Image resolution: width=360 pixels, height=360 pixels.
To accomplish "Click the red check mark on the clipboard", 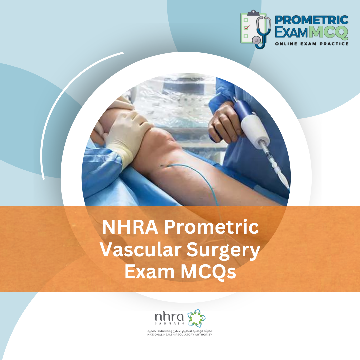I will (x=246, y=28).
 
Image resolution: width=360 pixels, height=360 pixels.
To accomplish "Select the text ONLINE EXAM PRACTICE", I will (x=311, y=44).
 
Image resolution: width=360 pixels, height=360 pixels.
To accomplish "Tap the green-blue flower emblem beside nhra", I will (x=196, y=318).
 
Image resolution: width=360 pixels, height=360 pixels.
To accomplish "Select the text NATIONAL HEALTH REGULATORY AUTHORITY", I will (x=180, y=334).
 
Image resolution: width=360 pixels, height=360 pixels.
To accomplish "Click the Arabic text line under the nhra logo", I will (x=180, y=330).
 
